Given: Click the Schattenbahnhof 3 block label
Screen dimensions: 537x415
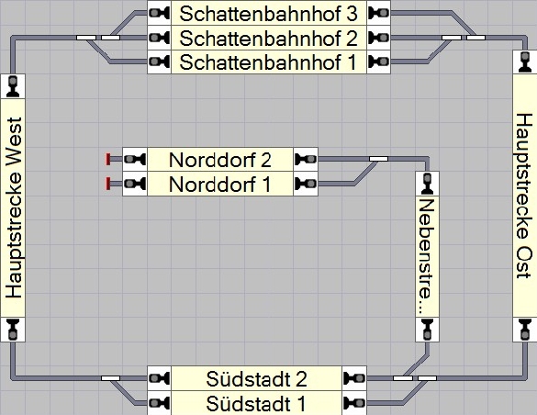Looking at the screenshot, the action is pyautogui.click(x=268, y=14).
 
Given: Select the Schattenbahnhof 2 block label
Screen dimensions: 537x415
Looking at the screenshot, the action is pyautogui.click(x=268, y=38).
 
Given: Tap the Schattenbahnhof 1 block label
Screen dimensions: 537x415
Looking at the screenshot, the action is pyautogui.click(x=268, y=62).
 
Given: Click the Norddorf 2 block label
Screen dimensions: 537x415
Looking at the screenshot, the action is pyautogui.click(x=220, y=160).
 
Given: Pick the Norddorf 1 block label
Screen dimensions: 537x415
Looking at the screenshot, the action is pyautogui.click(x=220, y=185).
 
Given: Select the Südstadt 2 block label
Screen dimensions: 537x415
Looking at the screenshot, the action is pyautogui.click(x=256, y=379).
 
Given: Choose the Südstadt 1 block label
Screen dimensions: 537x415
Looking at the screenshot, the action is pyautogui.click(x=256, y=403).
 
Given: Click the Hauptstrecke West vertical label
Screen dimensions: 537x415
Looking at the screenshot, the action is pyautogui.click(x=14, y=208).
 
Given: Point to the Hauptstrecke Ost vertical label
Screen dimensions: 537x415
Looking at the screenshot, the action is pyautogui.click(x=524, y=196).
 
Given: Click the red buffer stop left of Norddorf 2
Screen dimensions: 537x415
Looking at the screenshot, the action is pyautogui.click(x=108, y=159).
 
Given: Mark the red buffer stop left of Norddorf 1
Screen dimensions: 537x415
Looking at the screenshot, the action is pyautogui.click(x=108, y=184).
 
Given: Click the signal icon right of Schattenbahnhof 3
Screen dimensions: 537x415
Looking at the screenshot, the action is pyautogui.click(x=379, y=13).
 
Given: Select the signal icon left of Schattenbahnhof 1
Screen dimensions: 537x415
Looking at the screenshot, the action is pyautogui.click(x=159, y=62).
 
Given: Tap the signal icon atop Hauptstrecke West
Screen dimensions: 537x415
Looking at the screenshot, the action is pyautogui.click(x=13, y=86).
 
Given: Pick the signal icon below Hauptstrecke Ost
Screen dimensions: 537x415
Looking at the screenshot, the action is pyautogui.click(x=525, y=330).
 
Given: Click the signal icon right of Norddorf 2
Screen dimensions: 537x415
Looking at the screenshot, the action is pyautogui.click(x=306, y=159).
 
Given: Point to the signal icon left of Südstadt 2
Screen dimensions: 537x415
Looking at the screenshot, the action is pyautogui.click(x=159, y=378).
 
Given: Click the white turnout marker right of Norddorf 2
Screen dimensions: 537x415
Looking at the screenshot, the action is pyautogui.click(x=378, y=159).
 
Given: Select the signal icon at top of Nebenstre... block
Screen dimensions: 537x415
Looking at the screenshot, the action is pyautogui.click(x=427, y=184).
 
